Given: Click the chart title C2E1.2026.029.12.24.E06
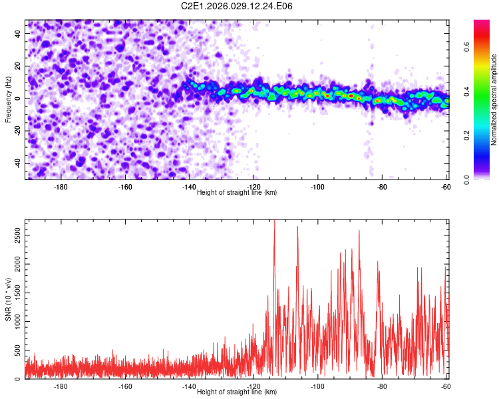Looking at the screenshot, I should (238, 6).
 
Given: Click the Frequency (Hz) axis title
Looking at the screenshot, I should (8, 99).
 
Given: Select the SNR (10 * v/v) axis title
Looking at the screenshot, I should (8, 299).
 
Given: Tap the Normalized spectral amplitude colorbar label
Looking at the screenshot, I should (494, 100).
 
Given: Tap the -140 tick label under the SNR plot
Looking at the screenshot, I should (189, 386).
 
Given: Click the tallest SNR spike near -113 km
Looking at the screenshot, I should (274, 222).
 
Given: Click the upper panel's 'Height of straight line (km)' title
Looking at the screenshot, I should (237, 192).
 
